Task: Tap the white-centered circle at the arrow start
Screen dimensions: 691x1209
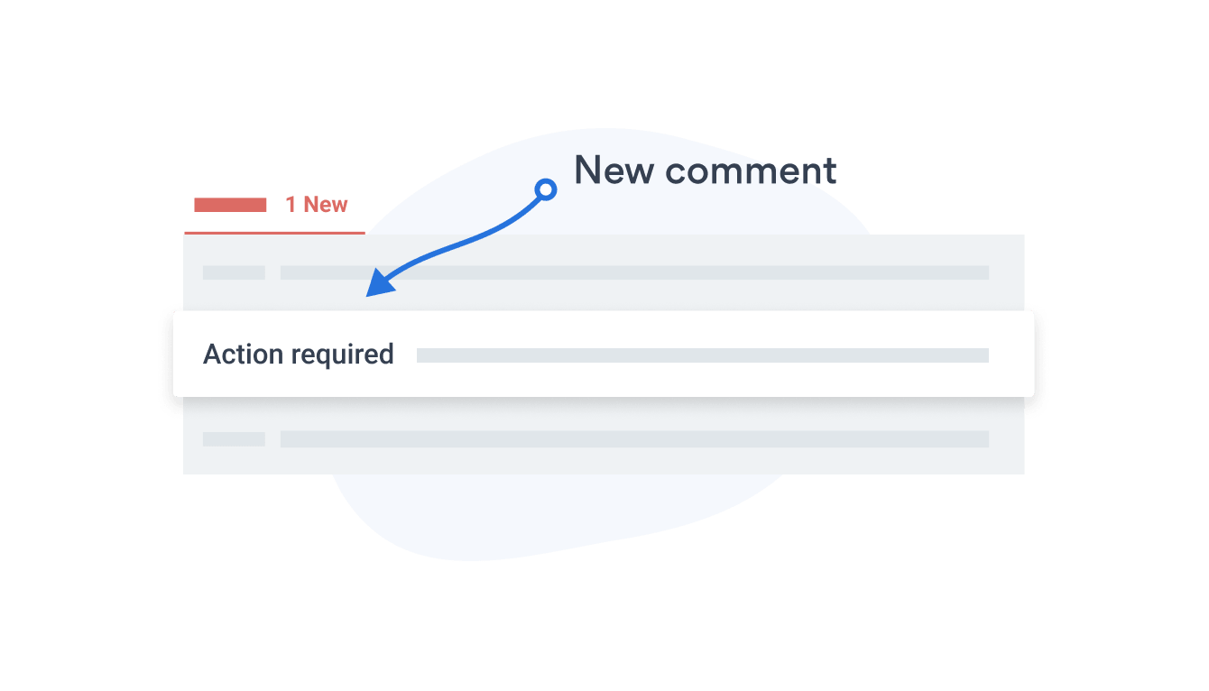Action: pyautogui.click(x=545, y=189)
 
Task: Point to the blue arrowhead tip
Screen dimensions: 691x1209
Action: pyautogui.click(x=368, y=294)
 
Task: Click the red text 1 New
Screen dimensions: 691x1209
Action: pyautogui.click(x=316, y=205)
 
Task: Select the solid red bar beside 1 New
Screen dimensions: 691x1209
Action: pyautogui.click(x=230, y=205)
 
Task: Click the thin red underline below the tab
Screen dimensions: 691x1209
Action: pyautogui.click(x=274, y=233)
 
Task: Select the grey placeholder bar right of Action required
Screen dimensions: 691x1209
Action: pyautogui.click(x=702, y=355)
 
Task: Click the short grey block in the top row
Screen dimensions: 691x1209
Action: pyautogui.click(x=234, y=272)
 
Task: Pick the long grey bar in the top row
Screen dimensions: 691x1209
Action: pyautogui.click(x=634, y=272)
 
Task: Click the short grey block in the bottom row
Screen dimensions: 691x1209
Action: pyautogui.click(x=234, y=439)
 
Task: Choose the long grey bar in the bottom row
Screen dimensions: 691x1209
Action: pyautogui.click(x=634, y=439)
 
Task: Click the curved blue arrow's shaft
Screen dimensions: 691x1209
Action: pyautogui.click(x=469, y=239)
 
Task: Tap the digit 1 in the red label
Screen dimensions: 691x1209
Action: pyautogui.click(x=291, y=205)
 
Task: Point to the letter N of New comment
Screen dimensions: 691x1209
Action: pyautogui.click(x=587, y=170)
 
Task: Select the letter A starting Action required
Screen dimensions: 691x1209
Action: pyautogui.click(x=213, y=355)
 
